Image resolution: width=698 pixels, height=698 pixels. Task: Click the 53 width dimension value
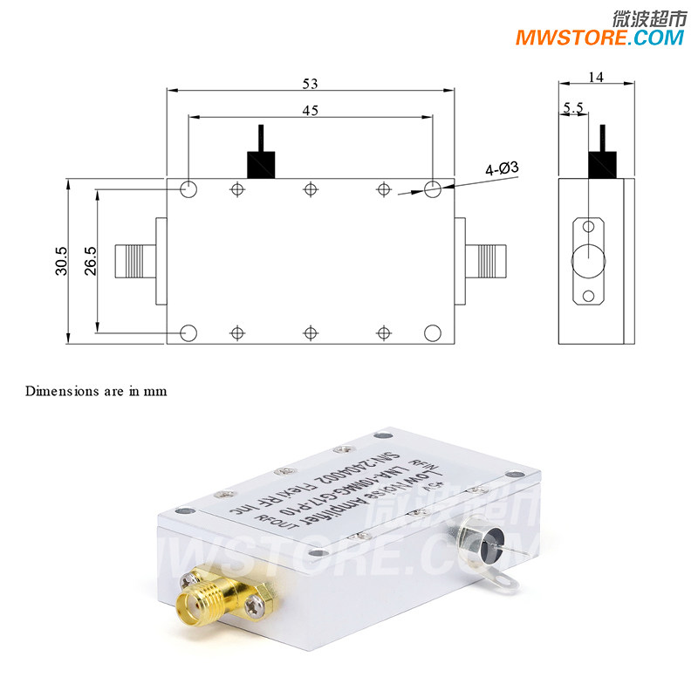[311, 84]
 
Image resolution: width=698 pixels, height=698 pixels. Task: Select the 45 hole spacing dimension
[311, 111]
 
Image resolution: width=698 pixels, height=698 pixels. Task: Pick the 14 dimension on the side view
[596, 77]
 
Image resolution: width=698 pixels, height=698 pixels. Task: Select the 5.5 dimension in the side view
[573, 108]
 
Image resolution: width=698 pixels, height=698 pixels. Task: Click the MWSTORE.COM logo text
[599, 38]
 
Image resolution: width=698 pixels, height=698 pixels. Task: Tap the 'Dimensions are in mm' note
[96, 391]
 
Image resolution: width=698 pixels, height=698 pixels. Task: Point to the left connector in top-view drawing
[135, 260]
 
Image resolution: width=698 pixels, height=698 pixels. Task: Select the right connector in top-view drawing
[484, 259]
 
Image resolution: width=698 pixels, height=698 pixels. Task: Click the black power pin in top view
[260, 155]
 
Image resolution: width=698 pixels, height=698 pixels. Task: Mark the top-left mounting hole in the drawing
[188, 189]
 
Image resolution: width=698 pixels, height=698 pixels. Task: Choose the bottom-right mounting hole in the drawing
[432, 332]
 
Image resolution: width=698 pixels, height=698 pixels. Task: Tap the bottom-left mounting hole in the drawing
[188, 332]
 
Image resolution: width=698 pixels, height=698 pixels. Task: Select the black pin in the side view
[602, 154]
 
